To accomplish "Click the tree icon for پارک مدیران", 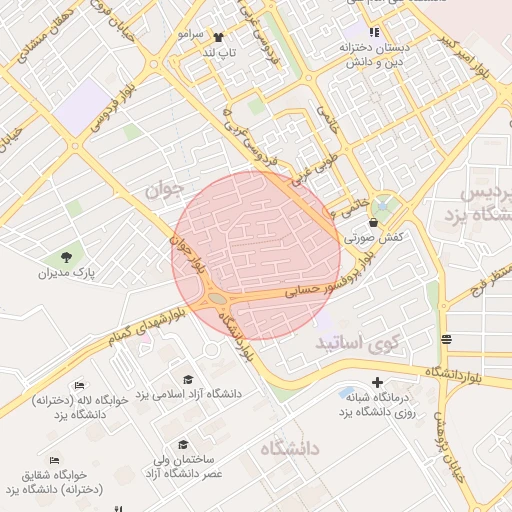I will [x=67, y=258].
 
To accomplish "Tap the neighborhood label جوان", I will [x=164, y=187].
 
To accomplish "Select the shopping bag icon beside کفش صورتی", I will [x=374, y=222].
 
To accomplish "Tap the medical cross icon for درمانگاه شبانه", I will [x=377, y=382].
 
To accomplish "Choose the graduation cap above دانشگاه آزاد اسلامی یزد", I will [x=188, y=378].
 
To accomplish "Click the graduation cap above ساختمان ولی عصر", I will [x=182, y=444].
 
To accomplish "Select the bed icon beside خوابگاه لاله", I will [x=80, y=385].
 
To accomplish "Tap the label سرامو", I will [x=190, y=34].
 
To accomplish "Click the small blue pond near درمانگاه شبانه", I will [x=347, y=392].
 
